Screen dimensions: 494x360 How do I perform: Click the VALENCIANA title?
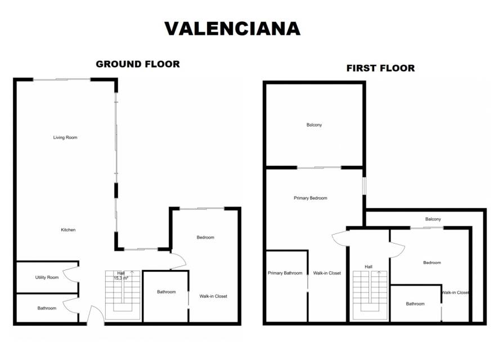click(232, 29)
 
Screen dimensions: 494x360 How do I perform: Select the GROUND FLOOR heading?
click(138, 64)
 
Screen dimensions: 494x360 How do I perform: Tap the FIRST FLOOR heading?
click(380, 69)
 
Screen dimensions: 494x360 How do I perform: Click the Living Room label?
click(65, 137)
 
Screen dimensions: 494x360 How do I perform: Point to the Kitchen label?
click(68, 230)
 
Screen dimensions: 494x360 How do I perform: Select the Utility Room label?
click(47, 277)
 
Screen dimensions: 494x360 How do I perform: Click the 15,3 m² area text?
click(121, 278)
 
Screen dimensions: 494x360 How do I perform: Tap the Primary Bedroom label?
click(311, 198)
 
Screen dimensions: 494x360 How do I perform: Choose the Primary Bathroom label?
click(285, 273)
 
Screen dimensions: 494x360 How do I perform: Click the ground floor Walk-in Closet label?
click(213, 296)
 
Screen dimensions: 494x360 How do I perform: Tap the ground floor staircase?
click(123, 295)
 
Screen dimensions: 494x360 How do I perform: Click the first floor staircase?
click(370, 295)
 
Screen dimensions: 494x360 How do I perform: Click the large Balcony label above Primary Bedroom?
click(314, 125)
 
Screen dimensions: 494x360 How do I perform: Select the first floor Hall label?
click(369, 267)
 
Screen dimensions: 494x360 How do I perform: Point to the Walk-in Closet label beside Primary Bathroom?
click(327, 273)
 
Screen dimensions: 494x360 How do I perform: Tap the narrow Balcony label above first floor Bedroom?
click(433, 219)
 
